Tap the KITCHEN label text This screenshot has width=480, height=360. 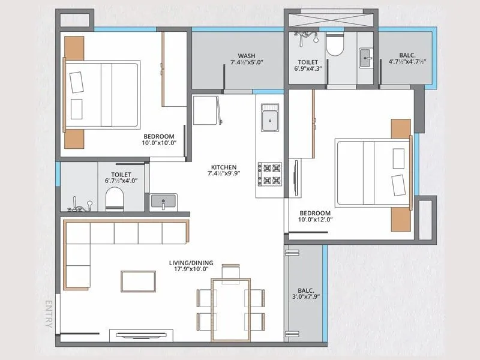pyautogui.click(x=223, y=167)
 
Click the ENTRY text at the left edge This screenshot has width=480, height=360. pyautogui.click(x=50, y=313)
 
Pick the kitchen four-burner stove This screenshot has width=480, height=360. pyautogui.click(x=269, y=173)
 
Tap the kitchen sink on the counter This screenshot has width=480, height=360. pyautogui.click(x=269, y=119)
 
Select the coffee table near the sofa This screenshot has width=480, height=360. pyautogui.click(x=138, y=280)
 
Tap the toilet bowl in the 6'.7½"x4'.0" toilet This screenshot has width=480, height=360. pyautogui.click(x=114, y=199)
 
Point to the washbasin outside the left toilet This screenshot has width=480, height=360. pyautogui.click(x=163, y=202)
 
